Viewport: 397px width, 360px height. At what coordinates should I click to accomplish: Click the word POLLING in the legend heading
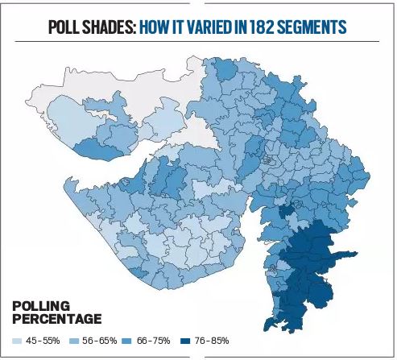(41, 306)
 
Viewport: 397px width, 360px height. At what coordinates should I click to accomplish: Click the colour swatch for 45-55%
(18, 341)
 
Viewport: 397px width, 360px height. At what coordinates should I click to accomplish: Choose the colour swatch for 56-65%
(74, 341)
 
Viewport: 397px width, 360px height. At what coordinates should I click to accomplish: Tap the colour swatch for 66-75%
(130, 341)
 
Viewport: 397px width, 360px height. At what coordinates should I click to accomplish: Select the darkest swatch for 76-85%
(187, 341)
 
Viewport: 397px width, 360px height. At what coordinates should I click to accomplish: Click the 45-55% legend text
(43, 341)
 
